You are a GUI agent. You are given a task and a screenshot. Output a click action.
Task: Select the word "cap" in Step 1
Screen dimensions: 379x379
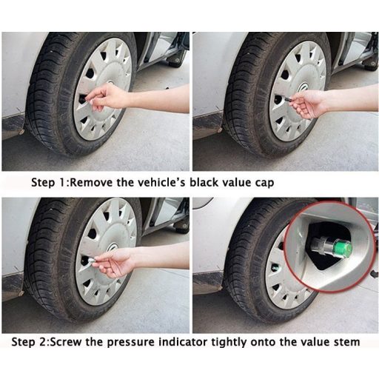click(264, 184)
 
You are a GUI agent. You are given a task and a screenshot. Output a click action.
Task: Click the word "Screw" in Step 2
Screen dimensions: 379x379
click(67, 342)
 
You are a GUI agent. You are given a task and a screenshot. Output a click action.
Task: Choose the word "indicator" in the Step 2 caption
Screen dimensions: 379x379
click(183, 342)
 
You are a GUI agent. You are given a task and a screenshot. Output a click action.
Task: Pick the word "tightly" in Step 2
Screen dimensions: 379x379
click(229, 343)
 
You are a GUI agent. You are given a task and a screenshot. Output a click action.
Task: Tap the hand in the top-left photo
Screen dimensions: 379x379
click(106, 96)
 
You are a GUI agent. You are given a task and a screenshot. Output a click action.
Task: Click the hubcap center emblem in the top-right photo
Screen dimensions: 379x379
click(303, 87)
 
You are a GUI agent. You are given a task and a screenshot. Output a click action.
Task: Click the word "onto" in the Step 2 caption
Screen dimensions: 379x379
click(263, 343)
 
